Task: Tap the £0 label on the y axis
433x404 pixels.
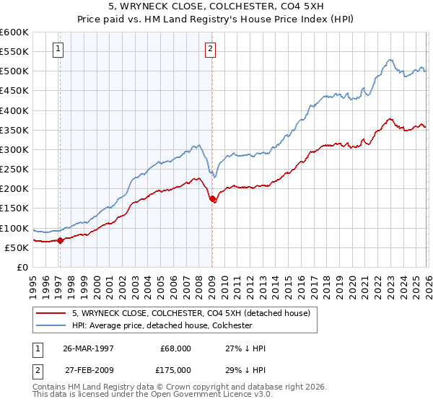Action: coord(23,267)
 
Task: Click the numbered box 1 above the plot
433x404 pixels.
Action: coord(58,49)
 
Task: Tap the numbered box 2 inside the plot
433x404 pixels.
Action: coord(210,49)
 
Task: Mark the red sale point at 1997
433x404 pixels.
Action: coord(61,240)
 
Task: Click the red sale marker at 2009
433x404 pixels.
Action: coord(212,199)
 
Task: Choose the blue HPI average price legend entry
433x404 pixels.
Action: coord(161,325)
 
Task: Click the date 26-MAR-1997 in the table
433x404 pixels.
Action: coord(89,348)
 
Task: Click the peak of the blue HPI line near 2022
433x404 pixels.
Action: coord(389,60)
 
